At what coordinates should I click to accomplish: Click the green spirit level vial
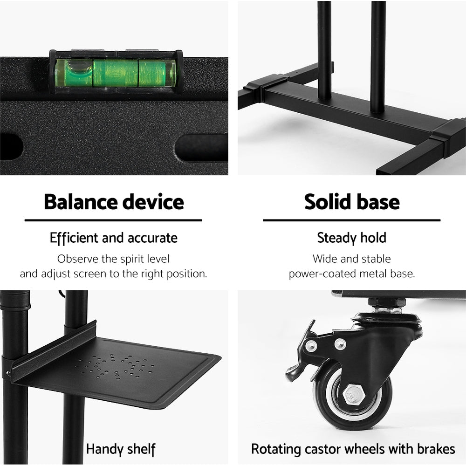(x=115, y=72)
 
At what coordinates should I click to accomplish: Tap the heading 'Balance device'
(x=114, y=202)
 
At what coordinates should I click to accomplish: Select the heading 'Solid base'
(x=352, y=202)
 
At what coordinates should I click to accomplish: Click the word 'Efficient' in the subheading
(x=74, y=238)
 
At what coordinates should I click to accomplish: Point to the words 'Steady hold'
(x=352, y=238)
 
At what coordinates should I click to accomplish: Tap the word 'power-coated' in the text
(x=321, y=274)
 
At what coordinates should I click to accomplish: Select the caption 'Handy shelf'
(x=120, y=449)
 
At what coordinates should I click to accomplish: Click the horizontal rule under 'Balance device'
(x=113, y=220)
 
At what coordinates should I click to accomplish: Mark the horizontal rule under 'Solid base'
(x=352, y=220)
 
